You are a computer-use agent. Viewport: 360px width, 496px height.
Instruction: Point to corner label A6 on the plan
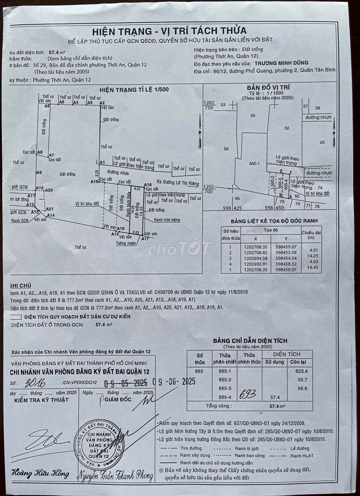pos(47,106)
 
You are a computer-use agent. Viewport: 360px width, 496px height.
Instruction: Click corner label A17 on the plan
pos(145,239)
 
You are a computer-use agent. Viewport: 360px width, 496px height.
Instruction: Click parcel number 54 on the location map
pos(226,149)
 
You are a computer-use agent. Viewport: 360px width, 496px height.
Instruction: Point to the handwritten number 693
pos(248,394)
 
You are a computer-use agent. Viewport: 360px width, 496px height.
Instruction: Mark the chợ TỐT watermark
pos(179,249)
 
